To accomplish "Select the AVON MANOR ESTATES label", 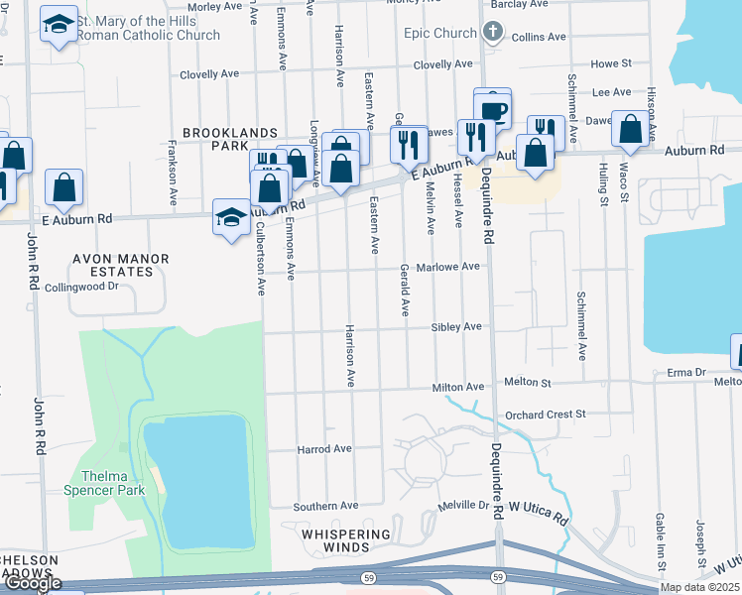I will coord(120,265).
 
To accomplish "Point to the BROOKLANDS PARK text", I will coord(214,139).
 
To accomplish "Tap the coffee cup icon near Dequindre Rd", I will coord(492,108).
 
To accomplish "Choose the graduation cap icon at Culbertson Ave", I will coord(231,217).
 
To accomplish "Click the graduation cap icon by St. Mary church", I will coord(59,25).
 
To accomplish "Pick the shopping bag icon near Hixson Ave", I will coord(630,131).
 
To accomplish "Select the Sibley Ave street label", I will coord(455,326).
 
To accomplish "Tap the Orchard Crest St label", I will coord(545,414).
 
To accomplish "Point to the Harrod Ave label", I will coord(324,449).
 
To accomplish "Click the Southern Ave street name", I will coord(325,506).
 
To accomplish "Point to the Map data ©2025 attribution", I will coord(699,587).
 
